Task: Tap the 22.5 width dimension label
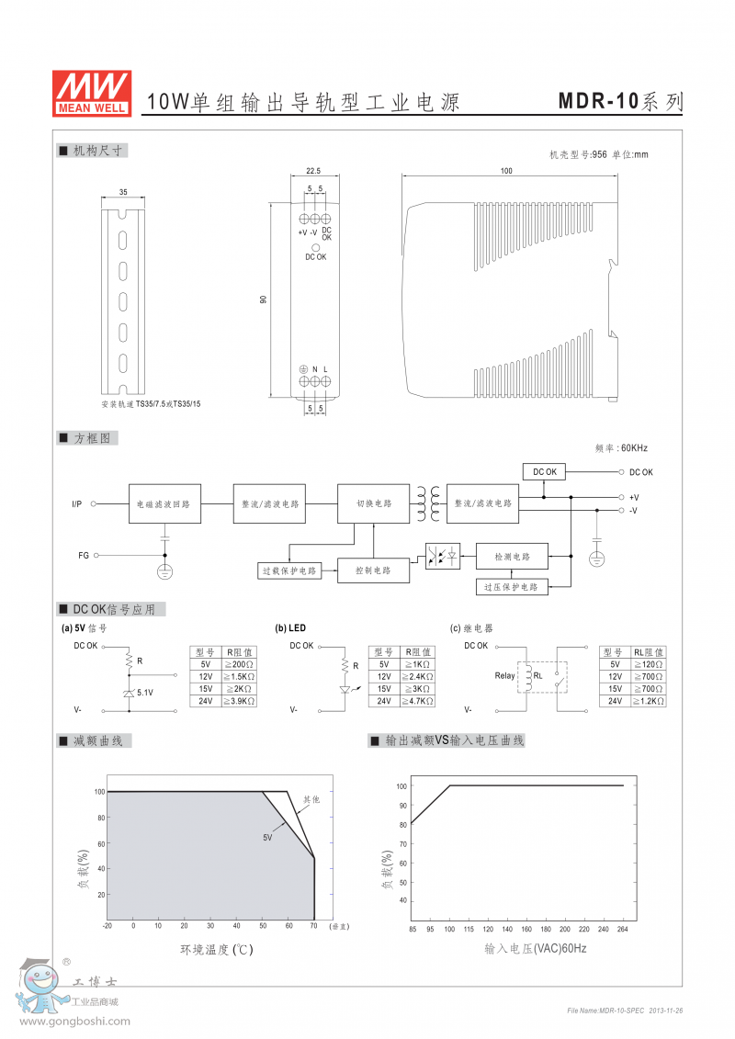[x=312, y=170]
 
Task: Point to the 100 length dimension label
[x=507, y=171]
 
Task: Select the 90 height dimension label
[x=264, y=300]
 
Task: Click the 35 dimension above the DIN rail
[x=123, y=192]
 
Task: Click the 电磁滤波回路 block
[x=164, y=503]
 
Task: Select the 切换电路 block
[x=374, y=503]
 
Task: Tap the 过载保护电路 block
[x=288, y=570]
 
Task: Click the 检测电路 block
[x=513, y=557]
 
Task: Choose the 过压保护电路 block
[x=513, y=586]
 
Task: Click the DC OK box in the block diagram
[x=545, y=472]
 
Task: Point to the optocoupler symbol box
[x=443, y=557]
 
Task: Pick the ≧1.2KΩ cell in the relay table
[x=649, y=701]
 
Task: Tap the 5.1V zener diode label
[x=145, y=693]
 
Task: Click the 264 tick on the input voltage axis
[x=624, y=928]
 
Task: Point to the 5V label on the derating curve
[x=267, y=838]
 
